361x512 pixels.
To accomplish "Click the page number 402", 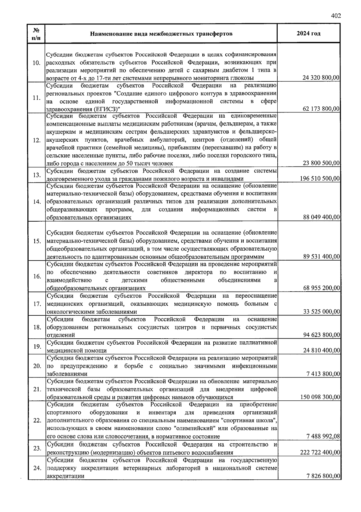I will (336, 16).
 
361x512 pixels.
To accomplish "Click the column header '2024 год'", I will (308, 33).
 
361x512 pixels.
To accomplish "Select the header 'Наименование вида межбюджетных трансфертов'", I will (161, 33).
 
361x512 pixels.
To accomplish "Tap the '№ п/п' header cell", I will (36, 33).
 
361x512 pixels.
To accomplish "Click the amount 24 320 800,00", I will (321, 78).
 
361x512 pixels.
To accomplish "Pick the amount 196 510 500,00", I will (320, 179).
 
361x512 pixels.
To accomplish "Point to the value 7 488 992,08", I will (323, 436).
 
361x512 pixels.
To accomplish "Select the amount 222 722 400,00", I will (320, 452).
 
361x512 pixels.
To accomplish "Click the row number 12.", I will (36, 140).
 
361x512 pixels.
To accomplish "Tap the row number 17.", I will (37, 304).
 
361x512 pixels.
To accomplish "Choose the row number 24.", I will (37, 468).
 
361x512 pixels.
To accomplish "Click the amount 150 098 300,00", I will (320, 397).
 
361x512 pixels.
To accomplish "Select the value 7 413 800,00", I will (323, 374).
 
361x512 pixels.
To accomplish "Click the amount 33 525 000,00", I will (321, 311).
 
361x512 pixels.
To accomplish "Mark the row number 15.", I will (37, 241).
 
